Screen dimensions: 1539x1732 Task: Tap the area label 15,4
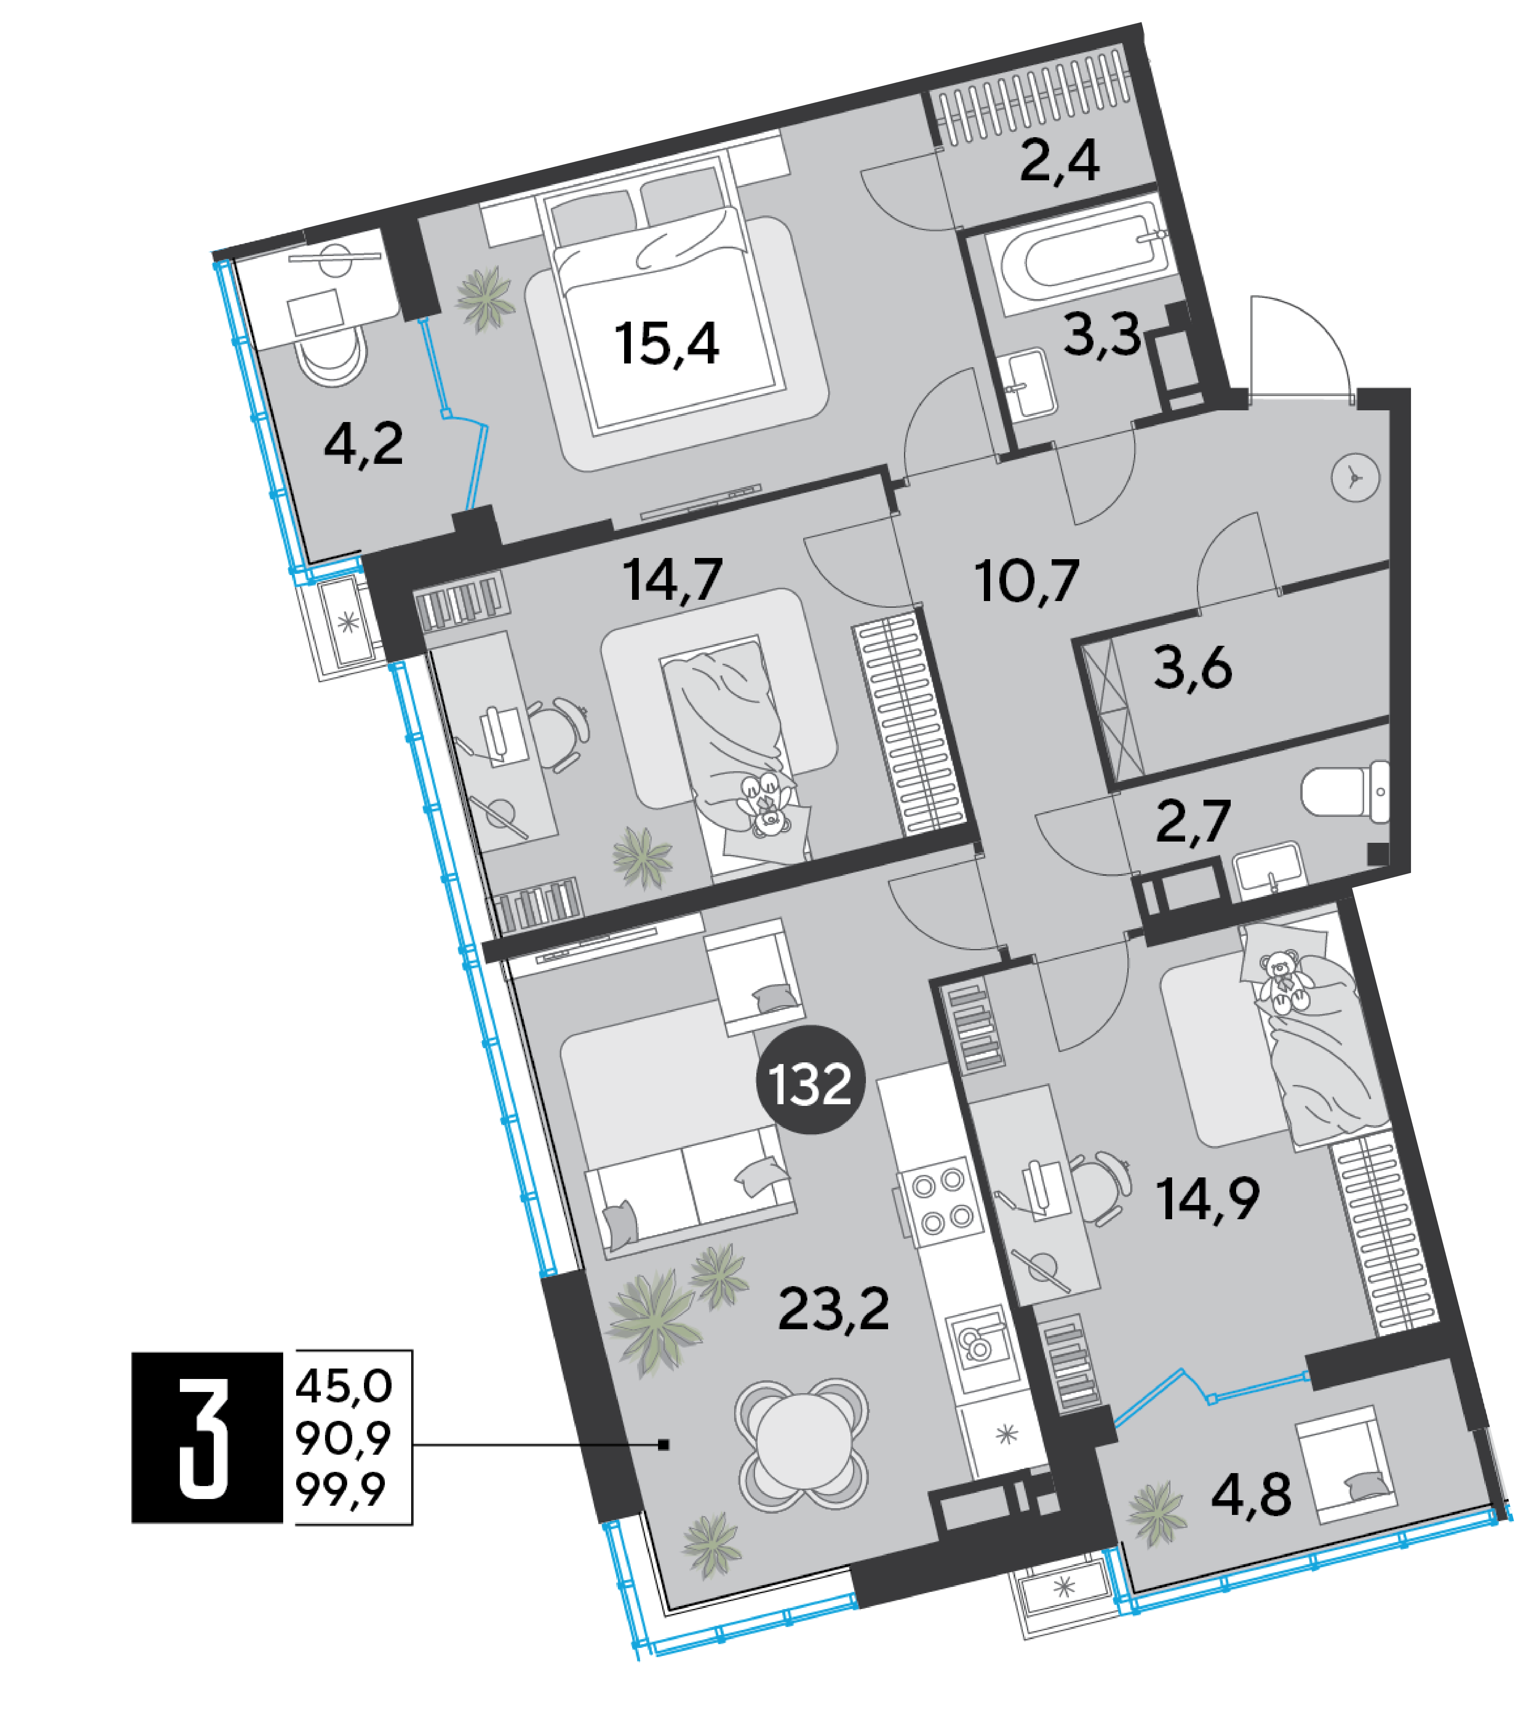point(667,343)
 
